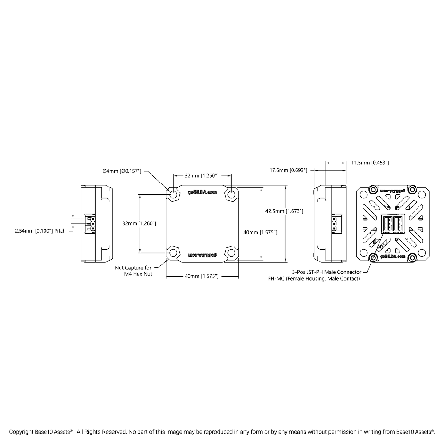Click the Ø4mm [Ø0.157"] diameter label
pyautogui.click(x=122, y=171)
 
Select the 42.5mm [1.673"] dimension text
pyautogui.click(x=284, y=211)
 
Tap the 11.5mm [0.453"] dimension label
pyautogui.click(x=370, y=163)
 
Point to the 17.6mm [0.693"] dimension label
pyautogui.click(x=288, y=170)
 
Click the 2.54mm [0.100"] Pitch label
pyautogui.click(x=40, y=231)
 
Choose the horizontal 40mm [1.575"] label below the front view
pyautogui.click(x=201, y=276)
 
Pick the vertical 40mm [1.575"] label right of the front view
pyautogui.click(x=260, y=233)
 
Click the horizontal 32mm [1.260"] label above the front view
pyautogui.click(x=201, y=176)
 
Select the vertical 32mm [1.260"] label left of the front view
pyautogui.click(x=139, y=223)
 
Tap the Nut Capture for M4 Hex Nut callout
pyautogui.click(x=133, y=271)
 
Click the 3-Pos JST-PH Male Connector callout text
pyautogui.click(x=327, y=272)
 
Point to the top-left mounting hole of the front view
pyautogui.click(x=173, y=195)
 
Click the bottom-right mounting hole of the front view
pyautogui.click(x=231, y=253)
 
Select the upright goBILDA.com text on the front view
pyautogui.click(x=202, y=192)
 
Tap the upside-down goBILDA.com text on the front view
pyautogui.click(x=202, y=255)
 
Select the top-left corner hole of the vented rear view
pyautogui.click(x=363, y=195)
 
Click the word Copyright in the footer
pyautogui.click(x=22, y=432)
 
